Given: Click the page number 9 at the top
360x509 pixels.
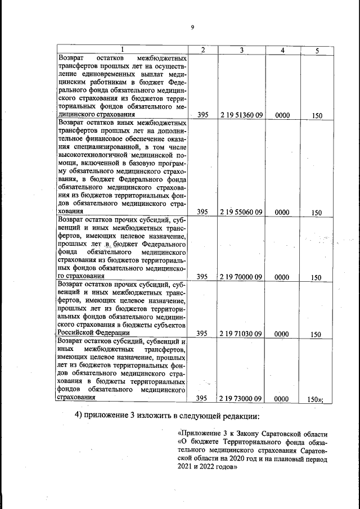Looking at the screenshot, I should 192,27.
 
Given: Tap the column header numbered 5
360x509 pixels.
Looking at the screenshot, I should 317,51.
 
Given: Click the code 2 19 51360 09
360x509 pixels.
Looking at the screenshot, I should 242,115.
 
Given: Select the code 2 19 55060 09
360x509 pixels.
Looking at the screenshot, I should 242,212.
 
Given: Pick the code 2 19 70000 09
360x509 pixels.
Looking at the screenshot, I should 242,277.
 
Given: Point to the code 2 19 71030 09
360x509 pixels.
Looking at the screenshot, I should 242,334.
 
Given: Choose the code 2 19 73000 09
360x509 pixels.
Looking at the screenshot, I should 242,398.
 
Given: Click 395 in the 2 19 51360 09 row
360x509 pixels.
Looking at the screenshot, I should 203,115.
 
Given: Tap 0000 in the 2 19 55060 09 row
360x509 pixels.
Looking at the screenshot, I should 282,212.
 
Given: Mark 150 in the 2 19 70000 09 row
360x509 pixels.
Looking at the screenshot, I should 316,277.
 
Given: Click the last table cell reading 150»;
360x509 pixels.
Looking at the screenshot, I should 319,398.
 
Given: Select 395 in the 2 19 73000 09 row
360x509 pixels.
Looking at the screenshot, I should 201,398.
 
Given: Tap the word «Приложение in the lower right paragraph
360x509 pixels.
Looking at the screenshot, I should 199,434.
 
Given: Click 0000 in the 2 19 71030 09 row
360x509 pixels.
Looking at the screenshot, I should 282,334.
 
